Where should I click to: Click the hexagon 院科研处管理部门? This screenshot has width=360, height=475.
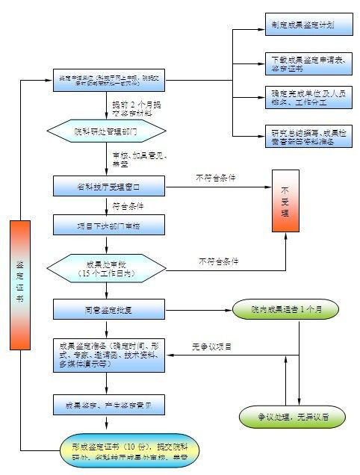(x=105, y=131)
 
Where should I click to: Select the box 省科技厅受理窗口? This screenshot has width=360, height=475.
(x=108, y=186)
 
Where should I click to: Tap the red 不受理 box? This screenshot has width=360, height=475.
(x=285, y=202)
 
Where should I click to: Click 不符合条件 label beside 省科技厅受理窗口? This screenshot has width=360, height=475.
(x=216, y=178)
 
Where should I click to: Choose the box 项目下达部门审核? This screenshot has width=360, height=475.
(x=108, y=225)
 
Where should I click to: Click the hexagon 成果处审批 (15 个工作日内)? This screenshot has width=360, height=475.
(x=105, y=268)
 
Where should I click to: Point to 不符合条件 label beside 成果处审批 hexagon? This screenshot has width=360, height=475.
(x=219, y=261)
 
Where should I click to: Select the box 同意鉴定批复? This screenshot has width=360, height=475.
(x=108, y=308)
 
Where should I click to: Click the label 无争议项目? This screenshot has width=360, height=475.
(x=212, y=347)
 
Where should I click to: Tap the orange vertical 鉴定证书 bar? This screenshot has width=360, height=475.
(x=21, y=285)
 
